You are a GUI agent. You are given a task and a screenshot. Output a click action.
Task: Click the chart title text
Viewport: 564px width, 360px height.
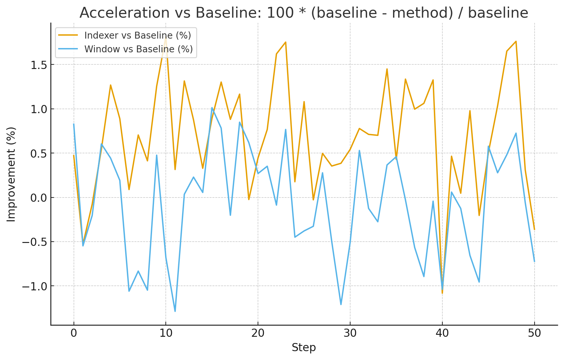tap(304, 13)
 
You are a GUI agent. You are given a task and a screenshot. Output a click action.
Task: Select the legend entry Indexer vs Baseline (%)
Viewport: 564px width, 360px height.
tap(137, 35)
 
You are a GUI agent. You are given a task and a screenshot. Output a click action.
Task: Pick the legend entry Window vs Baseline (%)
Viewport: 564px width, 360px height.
tap(138, 49)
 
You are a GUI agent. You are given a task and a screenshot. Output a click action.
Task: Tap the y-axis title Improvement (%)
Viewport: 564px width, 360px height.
tap(11, 174)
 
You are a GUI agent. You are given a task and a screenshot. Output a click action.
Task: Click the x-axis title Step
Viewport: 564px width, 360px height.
tap(304, 347)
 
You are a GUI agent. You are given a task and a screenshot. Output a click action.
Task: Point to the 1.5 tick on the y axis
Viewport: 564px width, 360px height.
tap(38, 65)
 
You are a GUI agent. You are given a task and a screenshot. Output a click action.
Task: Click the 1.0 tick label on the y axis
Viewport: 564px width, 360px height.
tap(38, 109)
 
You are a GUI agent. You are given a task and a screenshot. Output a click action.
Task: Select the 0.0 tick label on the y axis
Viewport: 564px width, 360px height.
tap(38, 198)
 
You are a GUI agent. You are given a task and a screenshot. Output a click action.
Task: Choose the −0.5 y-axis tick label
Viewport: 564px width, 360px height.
tap(34, 242)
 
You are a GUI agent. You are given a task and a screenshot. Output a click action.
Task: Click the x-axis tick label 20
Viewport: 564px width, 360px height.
tap(258, 333)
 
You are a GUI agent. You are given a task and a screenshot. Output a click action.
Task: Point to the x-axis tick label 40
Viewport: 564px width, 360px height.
tap(442, 333)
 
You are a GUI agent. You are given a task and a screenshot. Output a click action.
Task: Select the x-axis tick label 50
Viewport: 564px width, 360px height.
tap(535, 333)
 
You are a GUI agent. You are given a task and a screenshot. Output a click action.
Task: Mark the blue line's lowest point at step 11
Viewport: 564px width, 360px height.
tap(175, 311)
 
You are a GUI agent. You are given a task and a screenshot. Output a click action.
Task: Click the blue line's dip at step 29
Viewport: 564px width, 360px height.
tap(341, 304)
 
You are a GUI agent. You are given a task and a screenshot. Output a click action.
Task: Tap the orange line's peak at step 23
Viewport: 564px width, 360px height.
tap(286, 42)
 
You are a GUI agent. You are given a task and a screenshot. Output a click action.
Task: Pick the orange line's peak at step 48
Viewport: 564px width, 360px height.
tap(516, 42)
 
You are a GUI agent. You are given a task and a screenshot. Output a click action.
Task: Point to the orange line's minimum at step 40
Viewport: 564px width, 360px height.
tap(442, 293)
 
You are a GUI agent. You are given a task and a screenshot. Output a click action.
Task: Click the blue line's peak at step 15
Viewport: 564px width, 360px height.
tap(212, 108)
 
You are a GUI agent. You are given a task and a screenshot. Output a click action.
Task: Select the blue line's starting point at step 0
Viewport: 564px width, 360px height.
tap(74, 124)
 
